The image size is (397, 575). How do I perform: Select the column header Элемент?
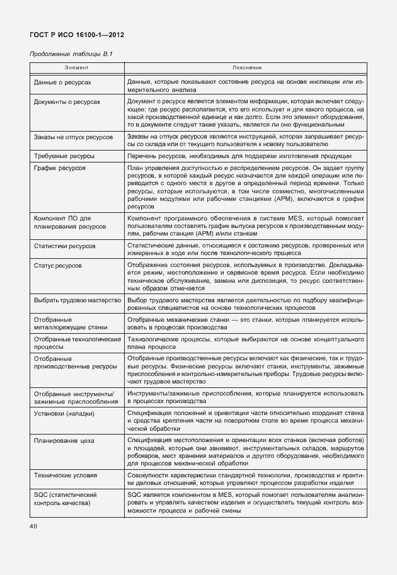[x=77, y=67]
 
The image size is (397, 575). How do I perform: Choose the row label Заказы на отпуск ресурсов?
[x=73, y=137]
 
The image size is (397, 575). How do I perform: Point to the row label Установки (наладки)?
[x=64, y=414]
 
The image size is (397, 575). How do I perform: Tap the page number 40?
[x=34, y=525]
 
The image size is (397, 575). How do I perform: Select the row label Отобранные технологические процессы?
[x=77, y=343]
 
